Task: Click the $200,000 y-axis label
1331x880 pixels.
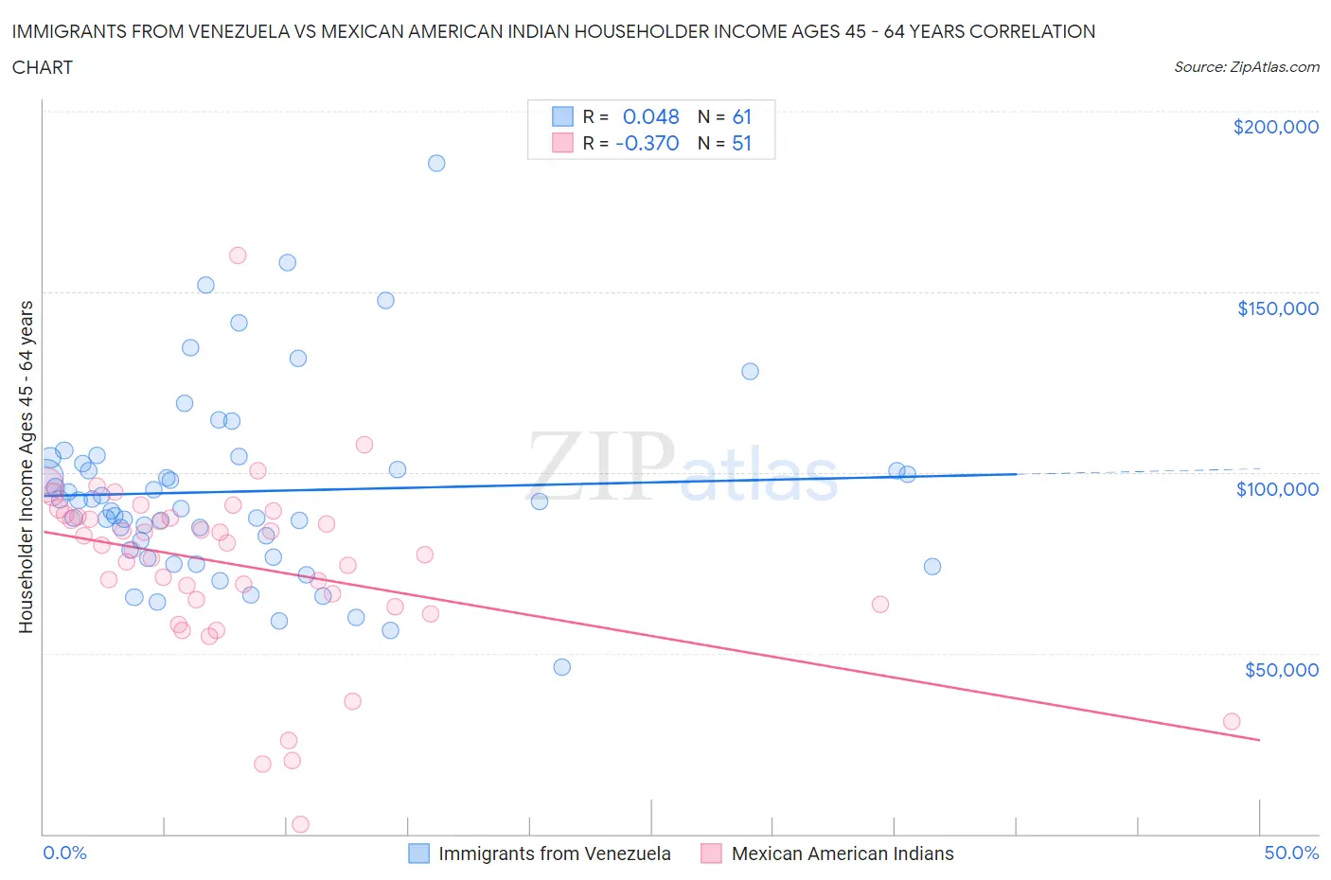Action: [x=1275, y=127]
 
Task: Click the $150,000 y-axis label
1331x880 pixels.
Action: [x=1277, y=308]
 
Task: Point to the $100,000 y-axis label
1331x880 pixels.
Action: [x=1277, y=489]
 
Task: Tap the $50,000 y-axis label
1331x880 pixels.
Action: [x=1281, y=670]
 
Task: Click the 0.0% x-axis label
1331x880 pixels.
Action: [x=64, y=853]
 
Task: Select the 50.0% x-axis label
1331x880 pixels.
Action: [x=1291, y=853]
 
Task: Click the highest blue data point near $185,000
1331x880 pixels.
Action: [x=436, y=163]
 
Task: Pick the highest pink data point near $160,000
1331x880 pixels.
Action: [x=238, y=255]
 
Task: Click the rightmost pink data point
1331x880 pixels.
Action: [x=1232, y=721]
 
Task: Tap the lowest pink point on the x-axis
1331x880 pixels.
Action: [x=300, y=824]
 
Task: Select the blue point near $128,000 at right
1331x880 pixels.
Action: [x=750, y=371]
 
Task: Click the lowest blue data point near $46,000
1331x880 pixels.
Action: [x=562, y=667]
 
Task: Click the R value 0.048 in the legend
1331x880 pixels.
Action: [x=650, y=116]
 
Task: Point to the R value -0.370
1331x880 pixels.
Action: [x=647, y=143]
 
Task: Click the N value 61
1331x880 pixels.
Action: [x=741, y=116]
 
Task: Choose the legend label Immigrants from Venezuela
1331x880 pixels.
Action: [x=554, y=854]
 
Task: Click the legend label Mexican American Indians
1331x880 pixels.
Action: [x=842, y=854]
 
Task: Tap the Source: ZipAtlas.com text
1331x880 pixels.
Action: [x=1246, y=67]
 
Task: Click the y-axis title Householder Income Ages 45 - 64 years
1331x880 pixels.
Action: [x=27, y=466]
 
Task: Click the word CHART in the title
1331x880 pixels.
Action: [x=43, y=67]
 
